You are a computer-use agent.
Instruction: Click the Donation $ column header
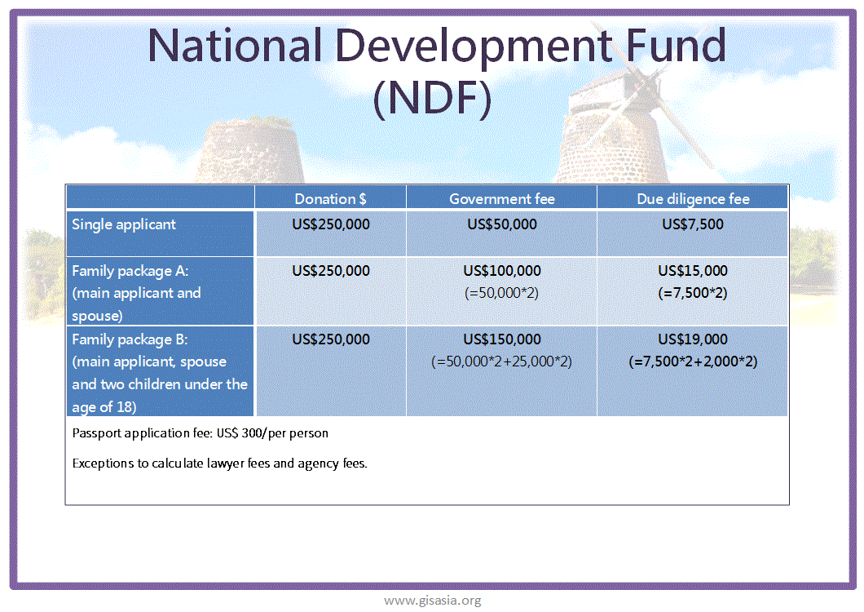coord(330,198)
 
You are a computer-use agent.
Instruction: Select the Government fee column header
coord(502,198)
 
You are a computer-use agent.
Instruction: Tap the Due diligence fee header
coord(693,198)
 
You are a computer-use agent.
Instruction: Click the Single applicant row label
coord(124,224)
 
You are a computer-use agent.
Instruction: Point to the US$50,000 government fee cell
coord(502,224)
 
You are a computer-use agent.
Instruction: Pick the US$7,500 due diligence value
coord(693,224)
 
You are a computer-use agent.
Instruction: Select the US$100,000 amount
coord(502,270)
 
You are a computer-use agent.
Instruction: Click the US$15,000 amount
coord(693,270)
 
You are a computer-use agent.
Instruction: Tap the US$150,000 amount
coord(502,339)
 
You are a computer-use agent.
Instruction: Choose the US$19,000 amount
coord(693,339)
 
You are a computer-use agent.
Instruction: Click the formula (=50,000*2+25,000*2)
coord(501,361)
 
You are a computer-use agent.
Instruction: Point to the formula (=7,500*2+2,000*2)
coord(693,361)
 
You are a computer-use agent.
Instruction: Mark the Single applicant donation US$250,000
coord(331,224)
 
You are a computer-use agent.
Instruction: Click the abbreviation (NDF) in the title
coord(432,98)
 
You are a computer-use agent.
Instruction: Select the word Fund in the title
coord(676,45)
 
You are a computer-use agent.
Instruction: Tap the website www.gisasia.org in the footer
coord(433,600)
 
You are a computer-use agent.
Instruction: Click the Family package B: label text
coord(130,339)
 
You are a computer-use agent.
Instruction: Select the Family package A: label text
coord(130,271)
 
